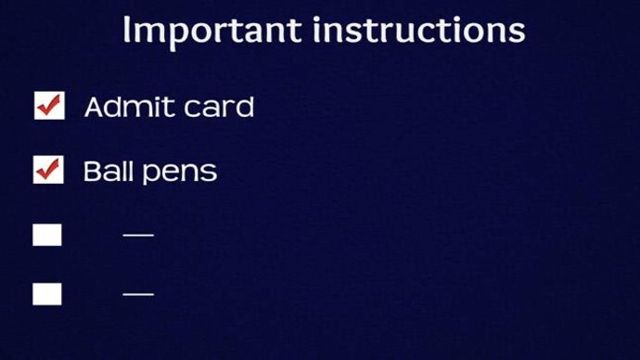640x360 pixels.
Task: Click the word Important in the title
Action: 211,31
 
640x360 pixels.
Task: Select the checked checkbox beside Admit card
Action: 48,107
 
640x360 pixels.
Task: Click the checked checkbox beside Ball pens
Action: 48,171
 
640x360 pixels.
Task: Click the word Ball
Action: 106,172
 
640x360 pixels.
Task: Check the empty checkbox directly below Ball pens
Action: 47,235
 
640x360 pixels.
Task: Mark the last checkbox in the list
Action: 47,294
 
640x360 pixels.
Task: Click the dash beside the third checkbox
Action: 138,235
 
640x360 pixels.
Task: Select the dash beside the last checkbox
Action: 138,294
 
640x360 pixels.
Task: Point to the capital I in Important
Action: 127,31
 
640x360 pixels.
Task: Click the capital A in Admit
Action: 95,108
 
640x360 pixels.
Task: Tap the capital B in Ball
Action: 92,172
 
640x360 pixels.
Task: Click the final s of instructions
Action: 517,32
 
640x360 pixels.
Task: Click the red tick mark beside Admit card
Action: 49,105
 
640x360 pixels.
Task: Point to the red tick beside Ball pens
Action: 49,169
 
